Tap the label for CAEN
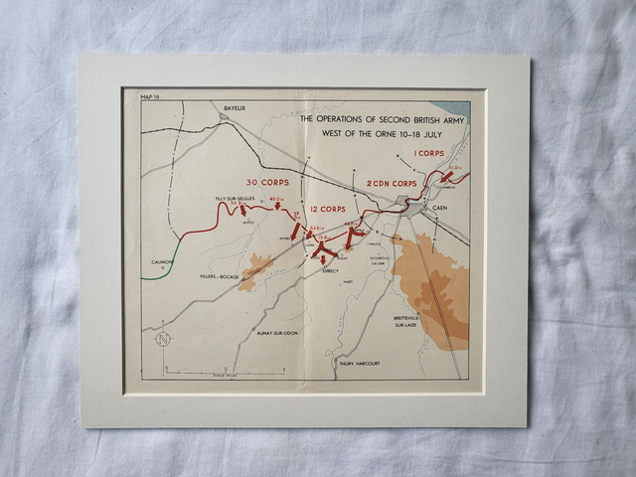tap(440, 208)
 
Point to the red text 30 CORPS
tap(266, 182)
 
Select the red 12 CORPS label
tap(325, 209)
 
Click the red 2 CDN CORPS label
tap(391, 183)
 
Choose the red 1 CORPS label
tap(429, 153)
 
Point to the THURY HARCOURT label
tap(359, 364)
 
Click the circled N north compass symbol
tap(163, 339)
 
